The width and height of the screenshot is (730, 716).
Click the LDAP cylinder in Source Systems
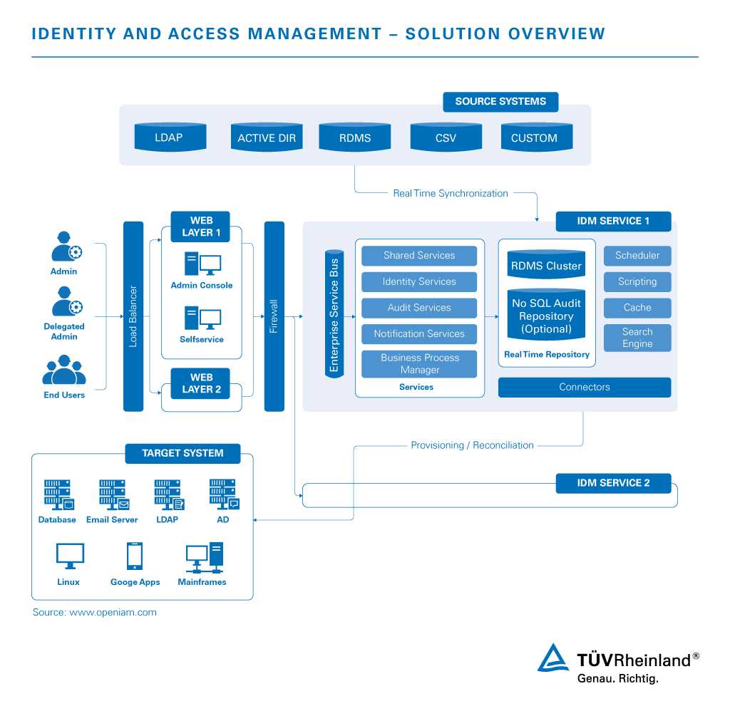coord(170,137)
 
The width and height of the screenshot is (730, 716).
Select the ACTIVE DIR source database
coord(267,138)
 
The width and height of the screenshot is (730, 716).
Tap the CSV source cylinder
coord(446,138)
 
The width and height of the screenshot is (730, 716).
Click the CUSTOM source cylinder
coord(534,138)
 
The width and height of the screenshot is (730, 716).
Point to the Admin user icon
coord(65,247)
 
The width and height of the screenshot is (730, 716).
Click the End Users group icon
coord(64,371)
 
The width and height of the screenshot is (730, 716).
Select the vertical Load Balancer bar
coord(133,316)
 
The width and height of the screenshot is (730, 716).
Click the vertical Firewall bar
coord(274,316)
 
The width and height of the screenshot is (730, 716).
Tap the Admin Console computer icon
coord(202,264)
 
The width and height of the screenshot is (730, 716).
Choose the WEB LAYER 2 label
coord(202,383)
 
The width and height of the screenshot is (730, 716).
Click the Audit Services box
coord(419,308)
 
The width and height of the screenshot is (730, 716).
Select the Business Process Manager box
coord(419,363)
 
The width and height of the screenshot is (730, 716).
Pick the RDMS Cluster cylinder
coord(547,264)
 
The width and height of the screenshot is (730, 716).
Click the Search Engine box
coord(637,338)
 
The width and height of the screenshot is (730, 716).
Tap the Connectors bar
coord(585,387)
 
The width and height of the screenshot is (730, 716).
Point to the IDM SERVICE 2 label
coord(613,483)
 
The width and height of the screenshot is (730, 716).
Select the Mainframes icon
coord(203,558)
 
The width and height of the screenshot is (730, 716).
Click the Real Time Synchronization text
coord(451,193)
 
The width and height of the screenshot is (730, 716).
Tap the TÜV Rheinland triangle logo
coord(553,659)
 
